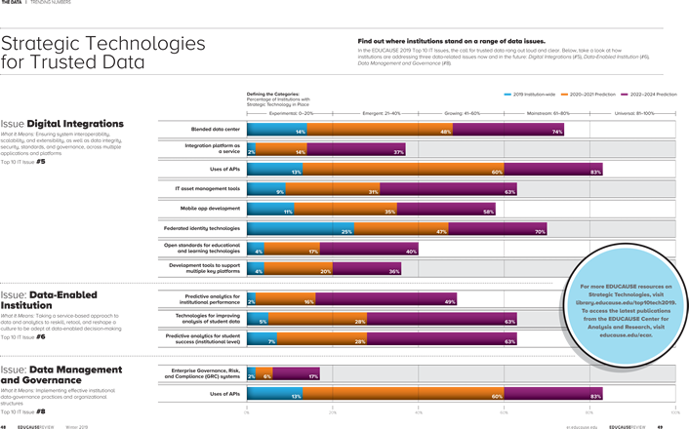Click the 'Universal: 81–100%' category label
(633, 113)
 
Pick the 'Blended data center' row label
(215, 129)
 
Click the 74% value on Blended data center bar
(557, 132)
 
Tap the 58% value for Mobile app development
(488, 212)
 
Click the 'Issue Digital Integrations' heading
(62, 125)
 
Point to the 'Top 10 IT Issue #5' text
(22, 162)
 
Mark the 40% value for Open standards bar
(411, 252)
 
